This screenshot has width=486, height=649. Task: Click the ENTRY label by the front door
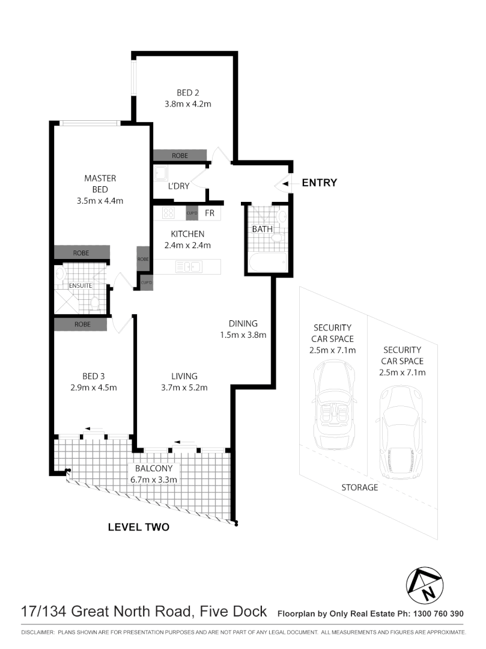(319, 183)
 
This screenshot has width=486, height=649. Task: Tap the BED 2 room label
(187, 93)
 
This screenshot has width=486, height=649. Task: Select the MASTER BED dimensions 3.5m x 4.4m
(100, 201)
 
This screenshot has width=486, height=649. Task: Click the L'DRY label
(178, 186)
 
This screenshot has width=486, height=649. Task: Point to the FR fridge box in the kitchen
(209, 213)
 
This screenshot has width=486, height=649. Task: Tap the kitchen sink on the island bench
(189, 266)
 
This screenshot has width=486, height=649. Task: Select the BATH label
(262, 229)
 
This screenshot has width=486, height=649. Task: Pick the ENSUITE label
(80, 285)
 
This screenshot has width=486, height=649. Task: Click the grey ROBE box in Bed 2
(180, 156)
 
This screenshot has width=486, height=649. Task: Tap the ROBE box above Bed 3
(80, 324)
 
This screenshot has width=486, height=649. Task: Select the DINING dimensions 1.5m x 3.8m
(243, 335)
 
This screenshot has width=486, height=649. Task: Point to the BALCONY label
(154, 469)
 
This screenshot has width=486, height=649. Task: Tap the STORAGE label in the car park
(360, 487)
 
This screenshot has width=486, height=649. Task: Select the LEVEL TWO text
(138, 528)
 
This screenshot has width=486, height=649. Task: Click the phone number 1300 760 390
(437, 614)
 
